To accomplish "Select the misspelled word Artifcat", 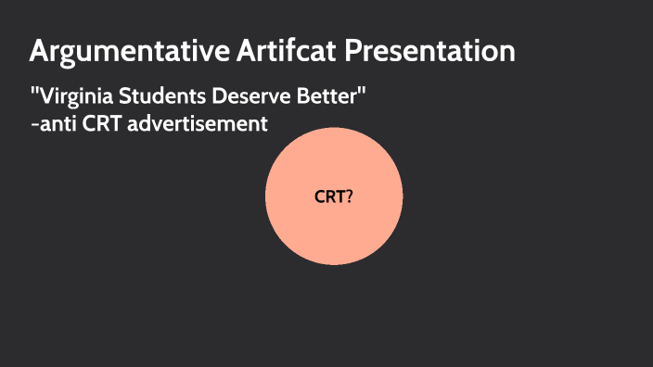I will (283, 52).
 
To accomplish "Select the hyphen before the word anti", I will (33, 124).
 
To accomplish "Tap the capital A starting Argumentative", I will (40, 52).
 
